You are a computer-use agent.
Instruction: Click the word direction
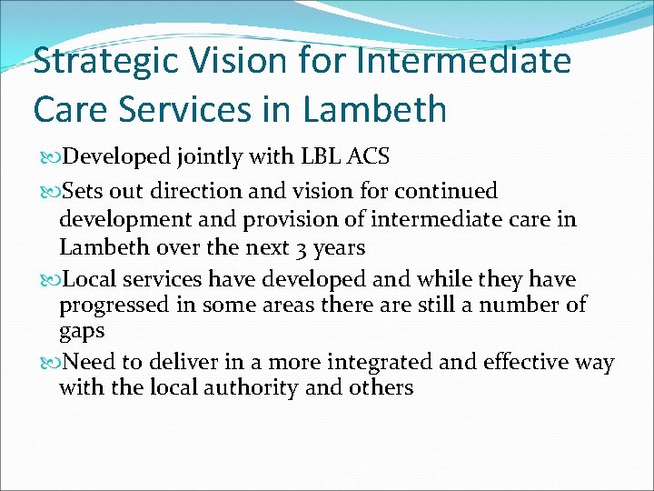coord(200,192)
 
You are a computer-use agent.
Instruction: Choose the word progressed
coord(117,304)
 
